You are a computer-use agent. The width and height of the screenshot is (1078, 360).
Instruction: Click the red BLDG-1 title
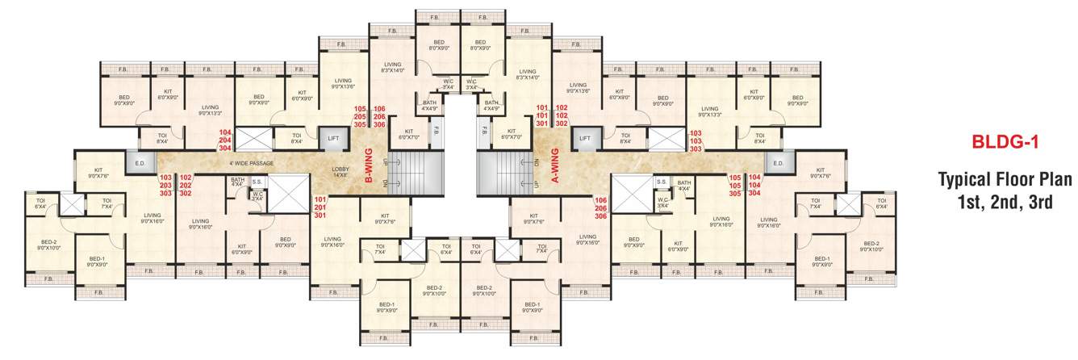1004,143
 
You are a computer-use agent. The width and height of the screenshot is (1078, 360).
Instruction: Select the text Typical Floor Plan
1004,178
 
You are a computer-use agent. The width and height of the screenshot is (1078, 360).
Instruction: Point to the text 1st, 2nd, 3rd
1004,202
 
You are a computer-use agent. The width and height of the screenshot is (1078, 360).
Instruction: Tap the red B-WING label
368,167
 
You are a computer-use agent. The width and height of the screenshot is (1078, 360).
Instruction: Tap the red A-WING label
554,167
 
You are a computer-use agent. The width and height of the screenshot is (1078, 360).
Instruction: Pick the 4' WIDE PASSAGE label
251,164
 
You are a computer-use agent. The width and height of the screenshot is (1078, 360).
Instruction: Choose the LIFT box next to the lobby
333,139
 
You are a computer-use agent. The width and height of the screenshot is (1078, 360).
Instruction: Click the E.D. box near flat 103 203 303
139,164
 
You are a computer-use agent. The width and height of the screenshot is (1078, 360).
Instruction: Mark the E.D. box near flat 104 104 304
778,164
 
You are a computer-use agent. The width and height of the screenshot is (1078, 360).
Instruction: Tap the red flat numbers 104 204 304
225,140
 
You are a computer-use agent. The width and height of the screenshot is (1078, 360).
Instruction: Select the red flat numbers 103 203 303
165,185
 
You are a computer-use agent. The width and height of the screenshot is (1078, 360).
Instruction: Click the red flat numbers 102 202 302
185,185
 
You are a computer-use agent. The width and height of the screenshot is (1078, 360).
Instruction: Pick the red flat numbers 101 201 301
320,207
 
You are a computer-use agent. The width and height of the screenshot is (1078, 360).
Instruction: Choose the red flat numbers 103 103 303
696,140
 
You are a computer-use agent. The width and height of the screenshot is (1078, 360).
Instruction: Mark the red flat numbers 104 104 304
754,185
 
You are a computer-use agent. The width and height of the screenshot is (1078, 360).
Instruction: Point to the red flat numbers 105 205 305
360,116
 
